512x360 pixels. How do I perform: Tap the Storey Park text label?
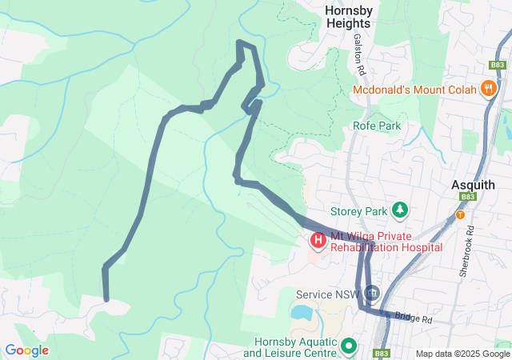pos(358,211)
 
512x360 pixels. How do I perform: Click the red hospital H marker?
pos(318,239)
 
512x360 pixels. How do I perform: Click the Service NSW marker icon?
pos(371,294)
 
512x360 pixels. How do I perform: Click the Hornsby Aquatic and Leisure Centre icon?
pos(350,346)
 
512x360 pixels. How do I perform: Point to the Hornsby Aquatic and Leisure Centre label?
pos(290,346)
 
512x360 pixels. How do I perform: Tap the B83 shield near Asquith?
pos(468,197)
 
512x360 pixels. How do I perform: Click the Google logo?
pos(26,350)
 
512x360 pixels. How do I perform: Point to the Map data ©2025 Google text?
pos(462,354)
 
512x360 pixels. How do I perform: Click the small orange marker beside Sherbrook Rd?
pos(460,214)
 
